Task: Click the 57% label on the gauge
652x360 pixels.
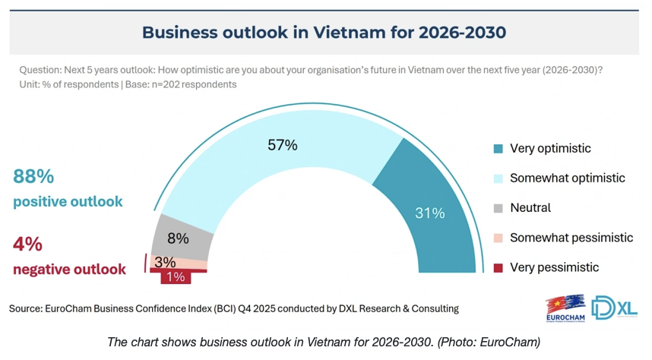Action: (x=282, y=144)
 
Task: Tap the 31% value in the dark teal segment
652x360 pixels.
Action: (x=429, y=213)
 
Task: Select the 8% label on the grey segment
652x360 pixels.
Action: (x=178, y=238)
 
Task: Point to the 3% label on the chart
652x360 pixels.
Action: (x=165, y=262)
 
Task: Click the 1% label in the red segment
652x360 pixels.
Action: (x=176, y=277)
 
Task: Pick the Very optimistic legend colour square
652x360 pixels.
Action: (x=498, y=148)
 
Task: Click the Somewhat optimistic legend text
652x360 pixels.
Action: (x=567, y=178)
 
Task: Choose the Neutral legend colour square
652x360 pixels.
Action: (x=498, y=207)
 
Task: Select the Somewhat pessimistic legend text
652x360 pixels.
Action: (x=571, y=238)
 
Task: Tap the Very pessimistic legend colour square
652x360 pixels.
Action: (x=498, y=267)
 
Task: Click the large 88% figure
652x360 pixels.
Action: (x=34, y=176)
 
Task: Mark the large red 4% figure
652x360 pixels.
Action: (x=28, y=245)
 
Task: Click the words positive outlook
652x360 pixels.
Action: (x=68, y=202)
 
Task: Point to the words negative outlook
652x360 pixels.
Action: (x=70, y=270)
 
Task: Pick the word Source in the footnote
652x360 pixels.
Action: (x=27, y=308)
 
